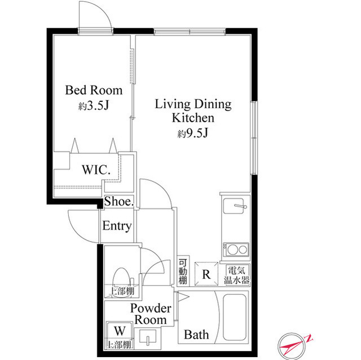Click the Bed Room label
(x=94, y=90)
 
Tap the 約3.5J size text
(x=94, y=105)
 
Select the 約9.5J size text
(x=193, y=133)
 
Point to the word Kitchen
(x=193, y=118)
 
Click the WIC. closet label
(x=96, y=170)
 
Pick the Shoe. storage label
(x=119, y=201)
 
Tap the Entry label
(x=117, y=225)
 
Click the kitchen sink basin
(x=234, y=206)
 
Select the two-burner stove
(x=236, y=250)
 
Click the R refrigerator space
(x=206, y=274)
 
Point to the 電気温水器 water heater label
(x=237, y=275)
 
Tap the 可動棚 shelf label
(x=183, y=271)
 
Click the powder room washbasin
(x=148, y=337)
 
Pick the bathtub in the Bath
(x=235, y=318)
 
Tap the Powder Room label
(x=151, y=314)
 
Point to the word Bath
(x=196, y=335)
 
